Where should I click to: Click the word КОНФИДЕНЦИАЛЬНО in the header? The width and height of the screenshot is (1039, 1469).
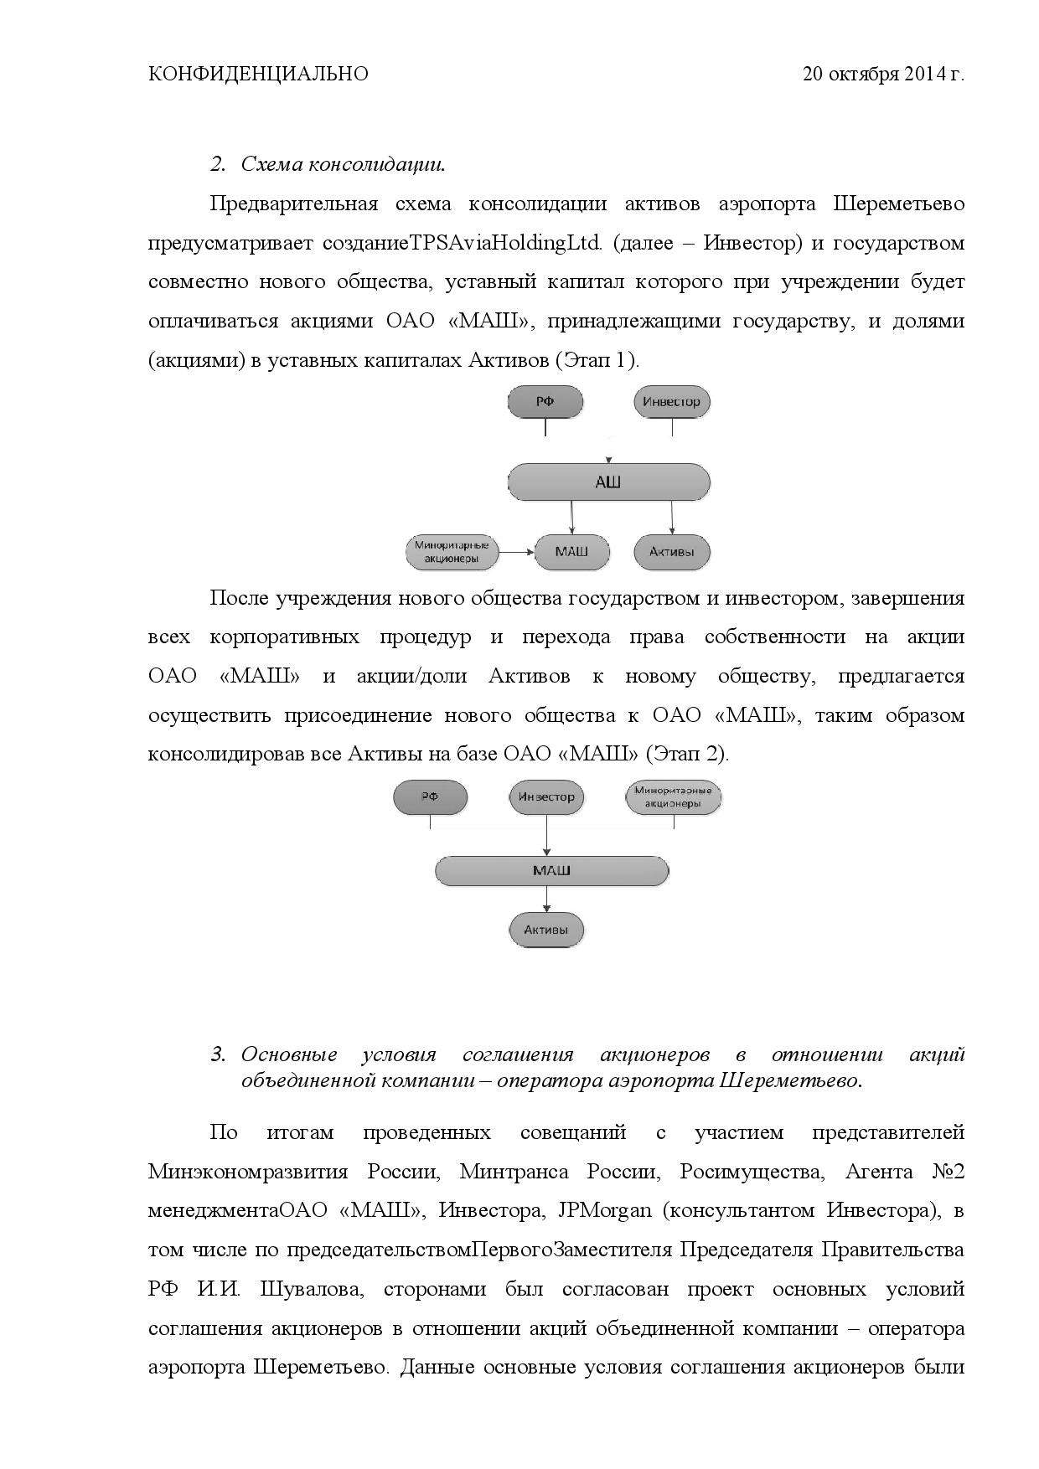pos(258,75)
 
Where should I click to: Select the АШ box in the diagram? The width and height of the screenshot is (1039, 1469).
pos(609,482)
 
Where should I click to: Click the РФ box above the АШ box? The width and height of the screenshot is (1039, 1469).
pos(545,401)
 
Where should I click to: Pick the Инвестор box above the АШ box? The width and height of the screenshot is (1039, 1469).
pos(671,401)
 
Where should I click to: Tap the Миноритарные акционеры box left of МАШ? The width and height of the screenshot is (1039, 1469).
pos(452,552)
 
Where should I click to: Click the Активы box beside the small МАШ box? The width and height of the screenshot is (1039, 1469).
pos(672,552)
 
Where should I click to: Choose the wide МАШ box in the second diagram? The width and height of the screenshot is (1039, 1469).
pos(551,871)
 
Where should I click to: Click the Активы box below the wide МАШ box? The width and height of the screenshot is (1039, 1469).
pos(546,930)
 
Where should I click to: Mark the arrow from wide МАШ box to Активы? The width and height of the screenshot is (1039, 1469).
pos(547,899)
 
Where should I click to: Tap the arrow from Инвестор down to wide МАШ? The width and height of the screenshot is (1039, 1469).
pos(547,834)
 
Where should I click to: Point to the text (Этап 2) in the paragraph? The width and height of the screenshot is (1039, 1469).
pos(687,754)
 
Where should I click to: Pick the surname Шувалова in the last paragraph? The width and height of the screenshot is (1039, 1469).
pos(311,1289)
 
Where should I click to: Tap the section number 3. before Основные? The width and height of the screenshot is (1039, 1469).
pos(218,1054)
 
